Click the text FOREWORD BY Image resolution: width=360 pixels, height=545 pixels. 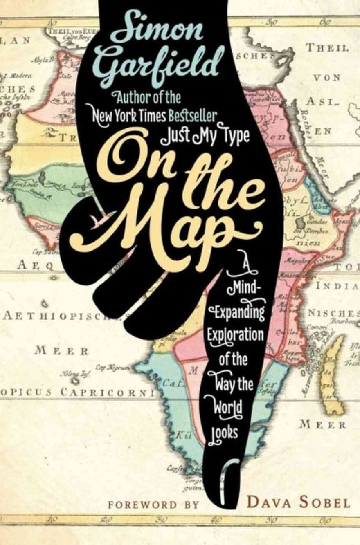(x=153, y=505)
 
